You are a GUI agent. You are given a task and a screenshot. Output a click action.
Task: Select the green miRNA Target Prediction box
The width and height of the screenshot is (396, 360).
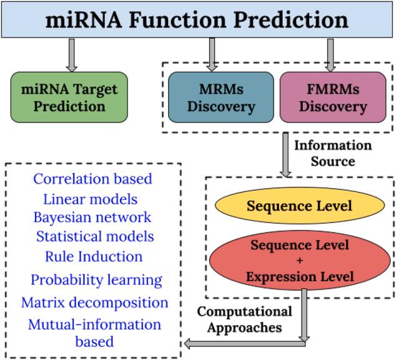(x=69, y=96)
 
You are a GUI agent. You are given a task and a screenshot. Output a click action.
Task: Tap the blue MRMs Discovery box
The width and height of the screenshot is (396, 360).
(x=220, y=97)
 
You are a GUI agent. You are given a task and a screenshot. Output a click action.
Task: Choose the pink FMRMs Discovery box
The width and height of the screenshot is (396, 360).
(x=332, y=97)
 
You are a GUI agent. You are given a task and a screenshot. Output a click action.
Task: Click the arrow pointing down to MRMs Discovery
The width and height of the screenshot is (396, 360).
(x=212, y=54)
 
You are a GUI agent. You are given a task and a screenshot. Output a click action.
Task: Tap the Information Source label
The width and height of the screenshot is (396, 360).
(x=333, y=153)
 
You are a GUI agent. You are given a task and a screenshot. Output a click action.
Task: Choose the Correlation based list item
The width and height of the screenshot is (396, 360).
(x=92, y=179)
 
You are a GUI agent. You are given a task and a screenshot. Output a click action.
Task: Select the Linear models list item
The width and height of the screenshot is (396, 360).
(x=91, y=199)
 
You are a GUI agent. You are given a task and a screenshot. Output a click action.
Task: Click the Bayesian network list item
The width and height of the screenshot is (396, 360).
(x=92, y=217)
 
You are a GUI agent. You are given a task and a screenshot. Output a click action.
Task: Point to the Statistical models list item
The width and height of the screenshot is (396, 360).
(x=95, y=237)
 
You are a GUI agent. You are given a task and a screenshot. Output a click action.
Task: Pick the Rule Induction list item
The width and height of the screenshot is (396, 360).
(x=94, y=256)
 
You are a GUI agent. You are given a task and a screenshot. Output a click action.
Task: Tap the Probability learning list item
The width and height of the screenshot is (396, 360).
(x=97, y=280)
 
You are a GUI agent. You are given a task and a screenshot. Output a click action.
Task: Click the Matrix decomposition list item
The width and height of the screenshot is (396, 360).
(x=95, y=302)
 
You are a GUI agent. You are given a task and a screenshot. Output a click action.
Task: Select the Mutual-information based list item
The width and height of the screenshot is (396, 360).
(x=94, y=332)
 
